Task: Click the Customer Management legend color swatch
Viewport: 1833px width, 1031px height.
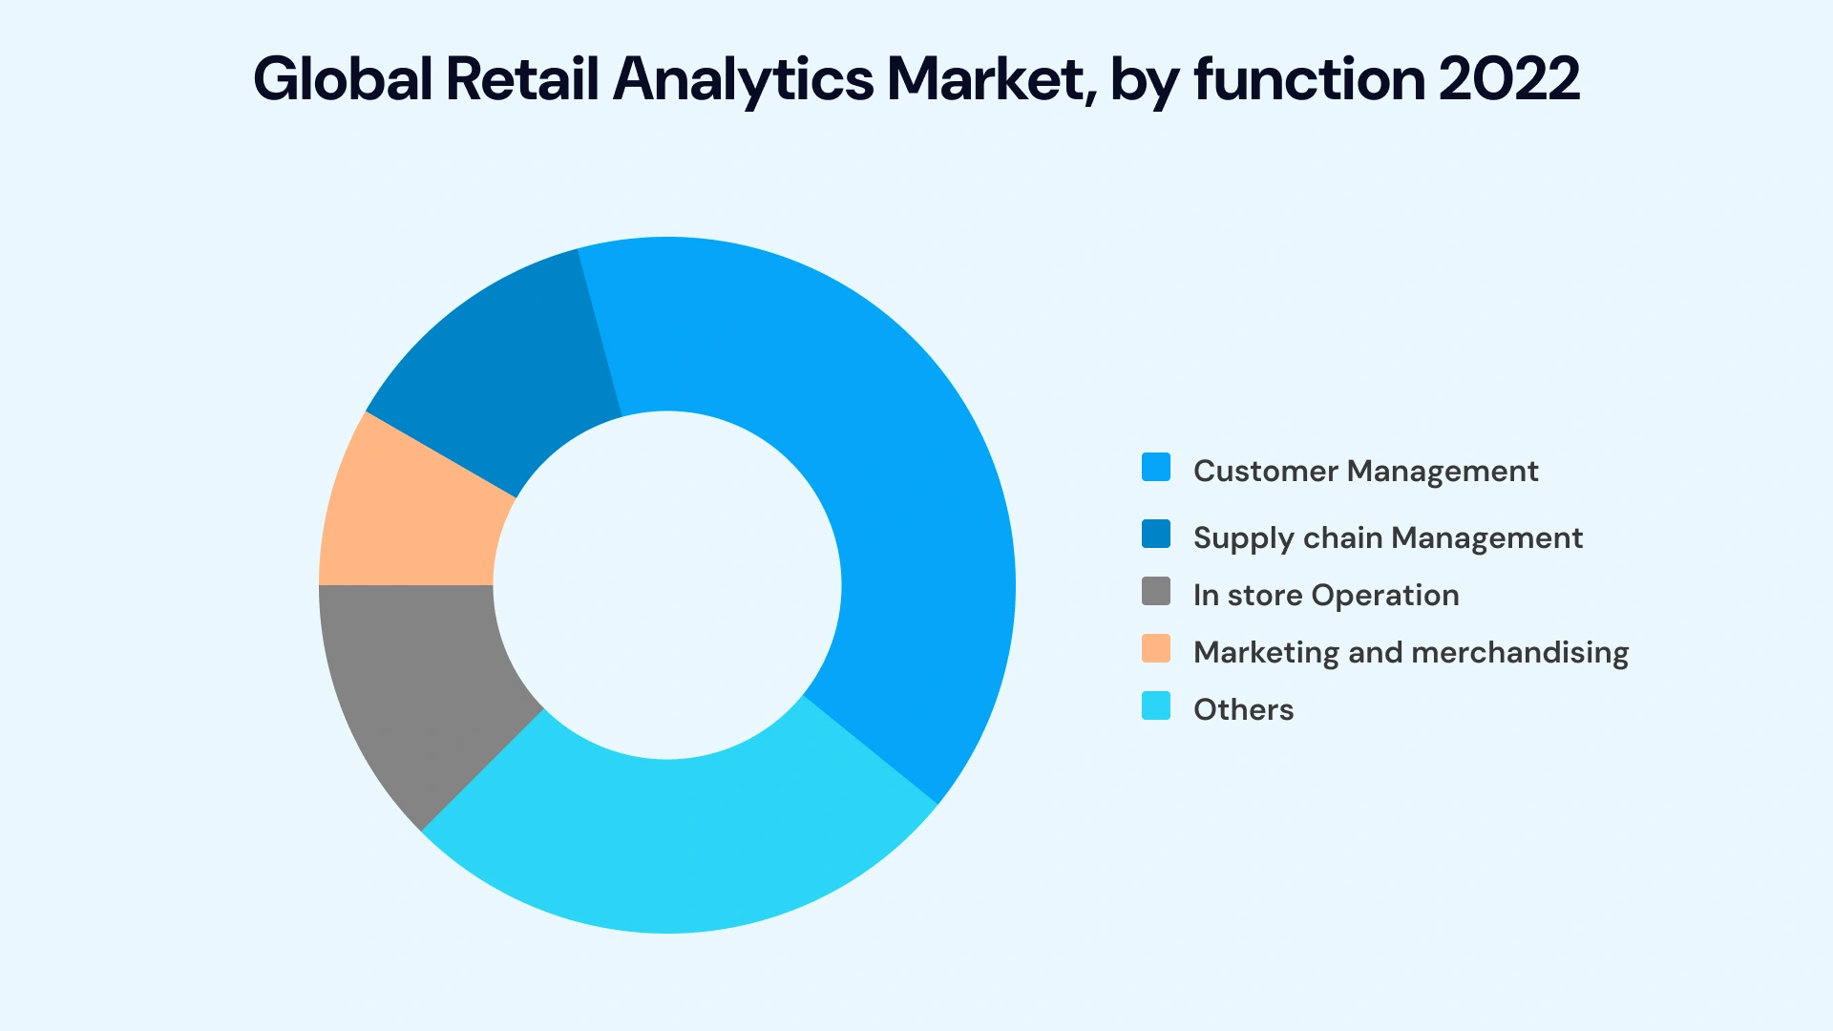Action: tap(1156, 468)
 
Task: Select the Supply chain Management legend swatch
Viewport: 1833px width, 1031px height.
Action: tap(1156, 535)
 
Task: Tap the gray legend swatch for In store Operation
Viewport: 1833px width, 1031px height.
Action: tap(1156, 592)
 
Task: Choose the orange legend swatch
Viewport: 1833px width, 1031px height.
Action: tap(1156, 649)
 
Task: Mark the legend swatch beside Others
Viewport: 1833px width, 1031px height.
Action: tap(1156, 706)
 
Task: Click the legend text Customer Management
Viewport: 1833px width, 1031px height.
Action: tap(1365, 471)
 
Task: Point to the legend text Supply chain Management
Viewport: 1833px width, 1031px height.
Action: tap(1387, 537)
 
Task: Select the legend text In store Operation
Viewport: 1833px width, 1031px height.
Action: tap(1326, 595)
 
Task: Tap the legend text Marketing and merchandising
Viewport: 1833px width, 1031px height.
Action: tap(1411, 652)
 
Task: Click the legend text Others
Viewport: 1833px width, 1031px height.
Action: tap(1243, 709)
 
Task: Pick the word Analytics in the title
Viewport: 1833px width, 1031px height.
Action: tap(743, 78)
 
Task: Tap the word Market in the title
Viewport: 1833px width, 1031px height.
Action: tap(986, 78)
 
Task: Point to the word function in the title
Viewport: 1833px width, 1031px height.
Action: tap(1310, 78)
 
